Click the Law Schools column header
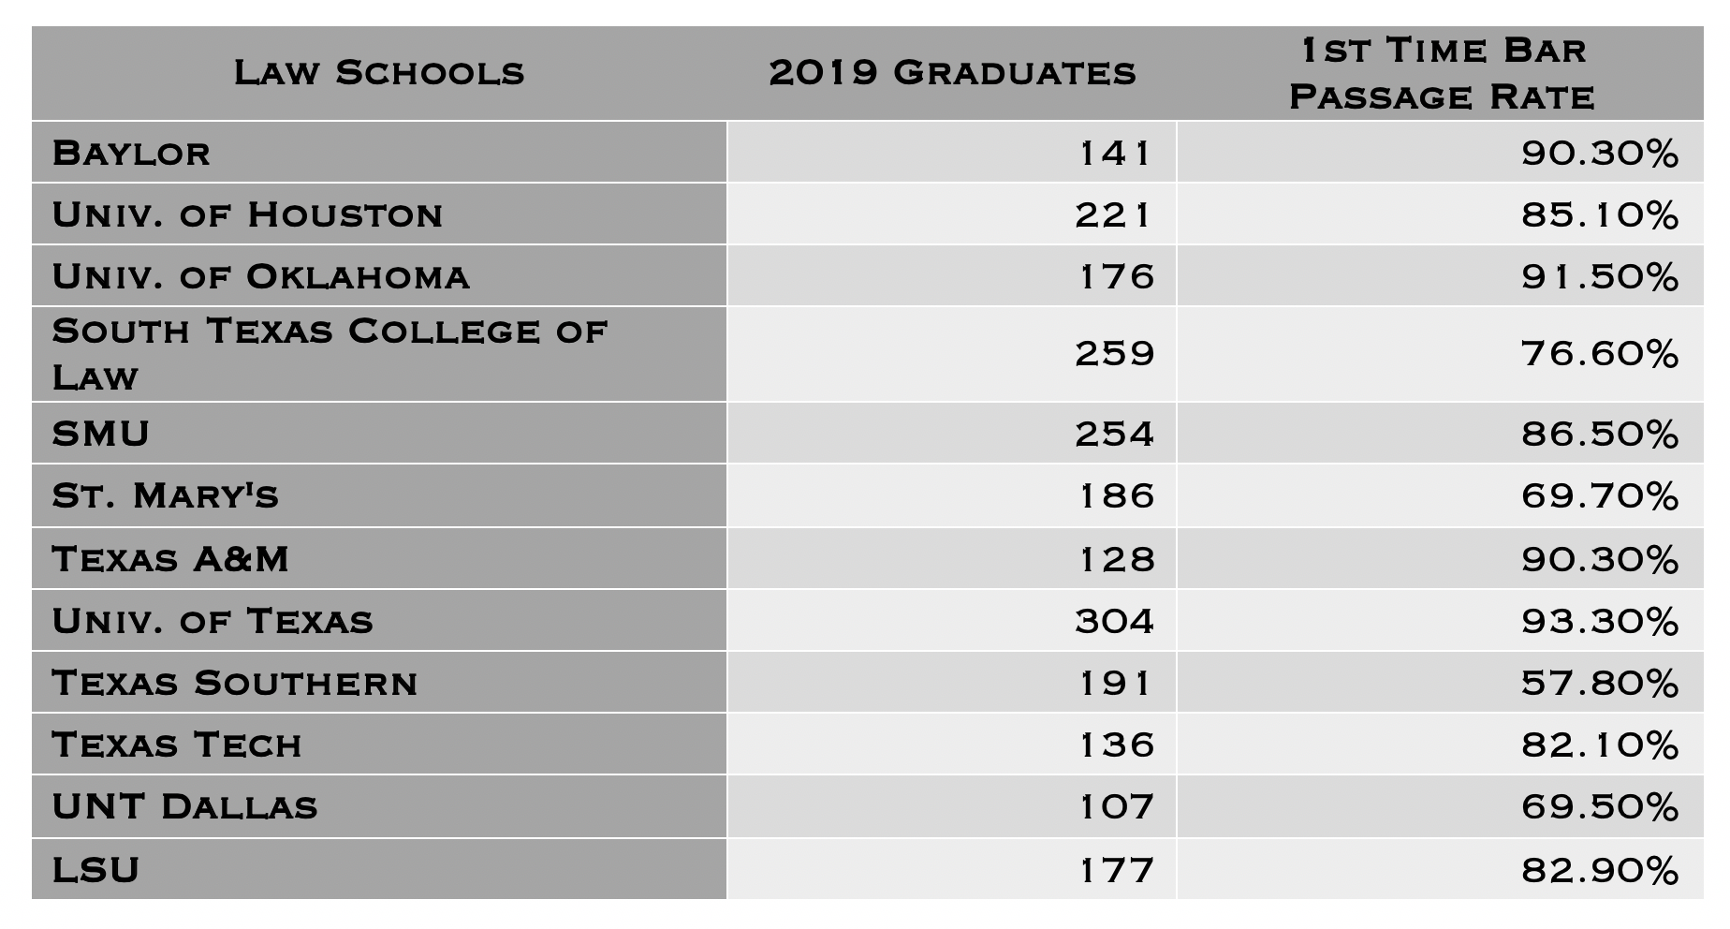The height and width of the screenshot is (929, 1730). click(x=379, y=73)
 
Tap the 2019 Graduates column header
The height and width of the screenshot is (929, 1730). click(x=952, y=73)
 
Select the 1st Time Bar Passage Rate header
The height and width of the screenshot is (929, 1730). click(x=1442, y=73)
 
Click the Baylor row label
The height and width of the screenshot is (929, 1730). click(x=131, y=153)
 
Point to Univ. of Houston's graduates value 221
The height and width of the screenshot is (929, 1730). click(x=1114, y=215)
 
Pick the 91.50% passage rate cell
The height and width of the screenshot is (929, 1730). click(x=1599, y=277)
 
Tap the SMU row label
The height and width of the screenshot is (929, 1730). click(x=101, y=434)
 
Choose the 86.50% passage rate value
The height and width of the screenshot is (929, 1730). click(x=1599, y=434)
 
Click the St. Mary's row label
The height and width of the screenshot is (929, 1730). click(x=166, y=495)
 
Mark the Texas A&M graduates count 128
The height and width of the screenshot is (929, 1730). click(x=1116, y=559)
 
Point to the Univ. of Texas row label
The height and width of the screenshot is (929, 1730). click(x=213, y=621)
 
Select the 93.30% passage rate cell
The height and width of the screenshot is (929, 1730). click(x=1599, y=621)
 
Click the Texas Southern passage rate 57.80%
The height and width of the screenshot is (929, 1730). click(x=1599, y=683)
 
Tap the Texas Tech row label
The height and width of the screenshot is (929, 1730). click(x=177, y=745)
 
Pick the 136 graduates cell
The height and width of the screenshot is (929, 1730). click(x=1116, y=745)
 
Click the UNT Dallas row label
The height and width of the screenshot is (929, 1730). click(x=184, y=806)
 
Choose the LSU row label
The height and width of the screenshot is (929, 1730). click(x=95, y=870)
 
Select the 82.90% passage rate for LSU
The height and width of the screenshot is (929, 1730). click(x=1599, y=870)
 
